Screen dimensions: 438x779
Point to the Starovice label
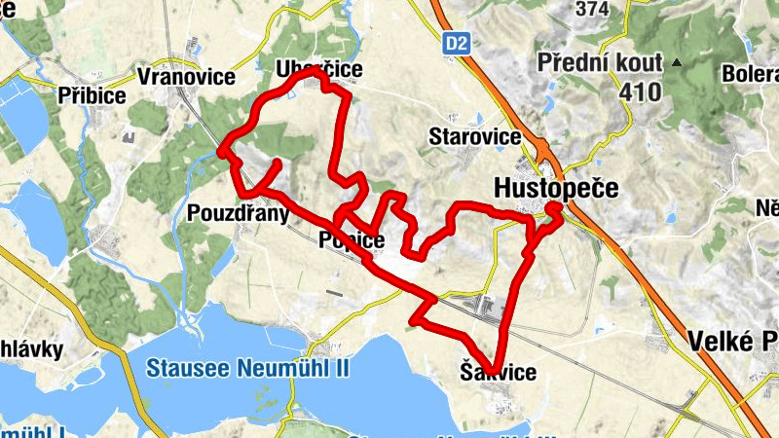coord(474,136)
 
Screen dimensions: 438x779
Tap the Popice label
coord(352,240)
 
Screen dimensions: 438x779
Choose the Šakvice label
coord(497,372)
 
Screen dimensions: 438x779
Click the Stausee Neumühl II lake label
coord(248,369)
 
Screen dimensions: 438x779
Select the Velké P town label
coord(731,342)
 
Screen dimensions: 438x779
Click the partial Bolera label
coord(749,74)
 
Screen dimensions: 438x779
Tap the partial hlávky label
coord(31,349)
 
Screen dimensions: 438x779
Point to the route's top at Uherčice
coord(314,72)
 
